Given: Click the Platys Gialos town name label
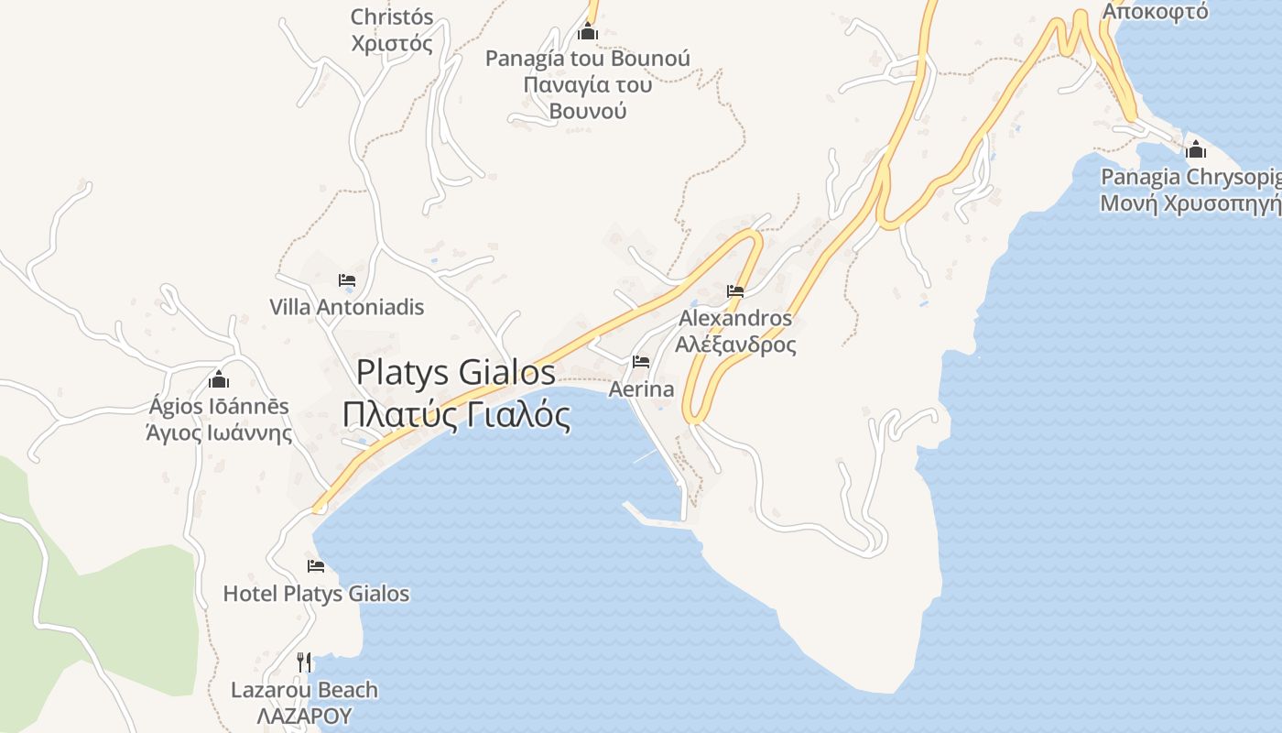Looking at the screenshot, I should [455, 372].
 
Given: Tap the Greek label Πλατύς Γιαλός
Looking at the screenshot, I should [456, 415].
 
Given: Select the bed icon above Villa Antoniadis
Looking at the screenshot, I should [347, 280].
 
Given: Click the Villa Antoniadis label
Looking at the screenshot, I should [347, 307].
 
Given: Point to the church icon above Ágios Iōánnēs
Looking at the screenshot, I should [219, 379].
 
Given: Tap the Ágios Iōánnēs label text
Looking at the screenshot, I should [219, 406].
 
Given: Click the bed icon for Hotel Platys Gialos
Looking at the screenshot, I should [316, 566].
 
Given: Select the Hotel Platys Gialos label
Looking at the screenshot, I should [316, 594].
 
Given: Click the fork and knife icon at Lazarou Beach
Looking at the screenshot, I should [304, 662].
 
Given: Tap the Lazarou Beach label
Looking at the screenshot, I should [304, 690].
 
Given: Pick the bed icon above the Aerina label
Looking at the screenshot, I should [641, 362].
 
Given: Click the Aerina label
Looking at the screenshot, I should [641, 389].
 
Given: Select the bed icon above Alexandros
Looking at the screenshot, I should [735, 292].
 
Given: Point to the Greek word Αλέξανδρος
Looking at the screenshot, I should [735, 345].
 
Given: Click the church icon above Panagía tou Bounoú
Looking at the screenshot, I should [588, 33].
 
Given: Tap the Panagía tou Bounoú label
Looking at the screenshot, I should [588, 59].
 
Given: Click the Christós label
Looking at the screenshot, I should [392, 16].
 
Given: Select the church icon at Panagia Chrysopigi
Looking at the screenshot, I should [1196, 150].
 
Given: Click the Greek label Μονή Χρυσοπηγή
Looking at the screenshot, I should [1190, 203].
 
